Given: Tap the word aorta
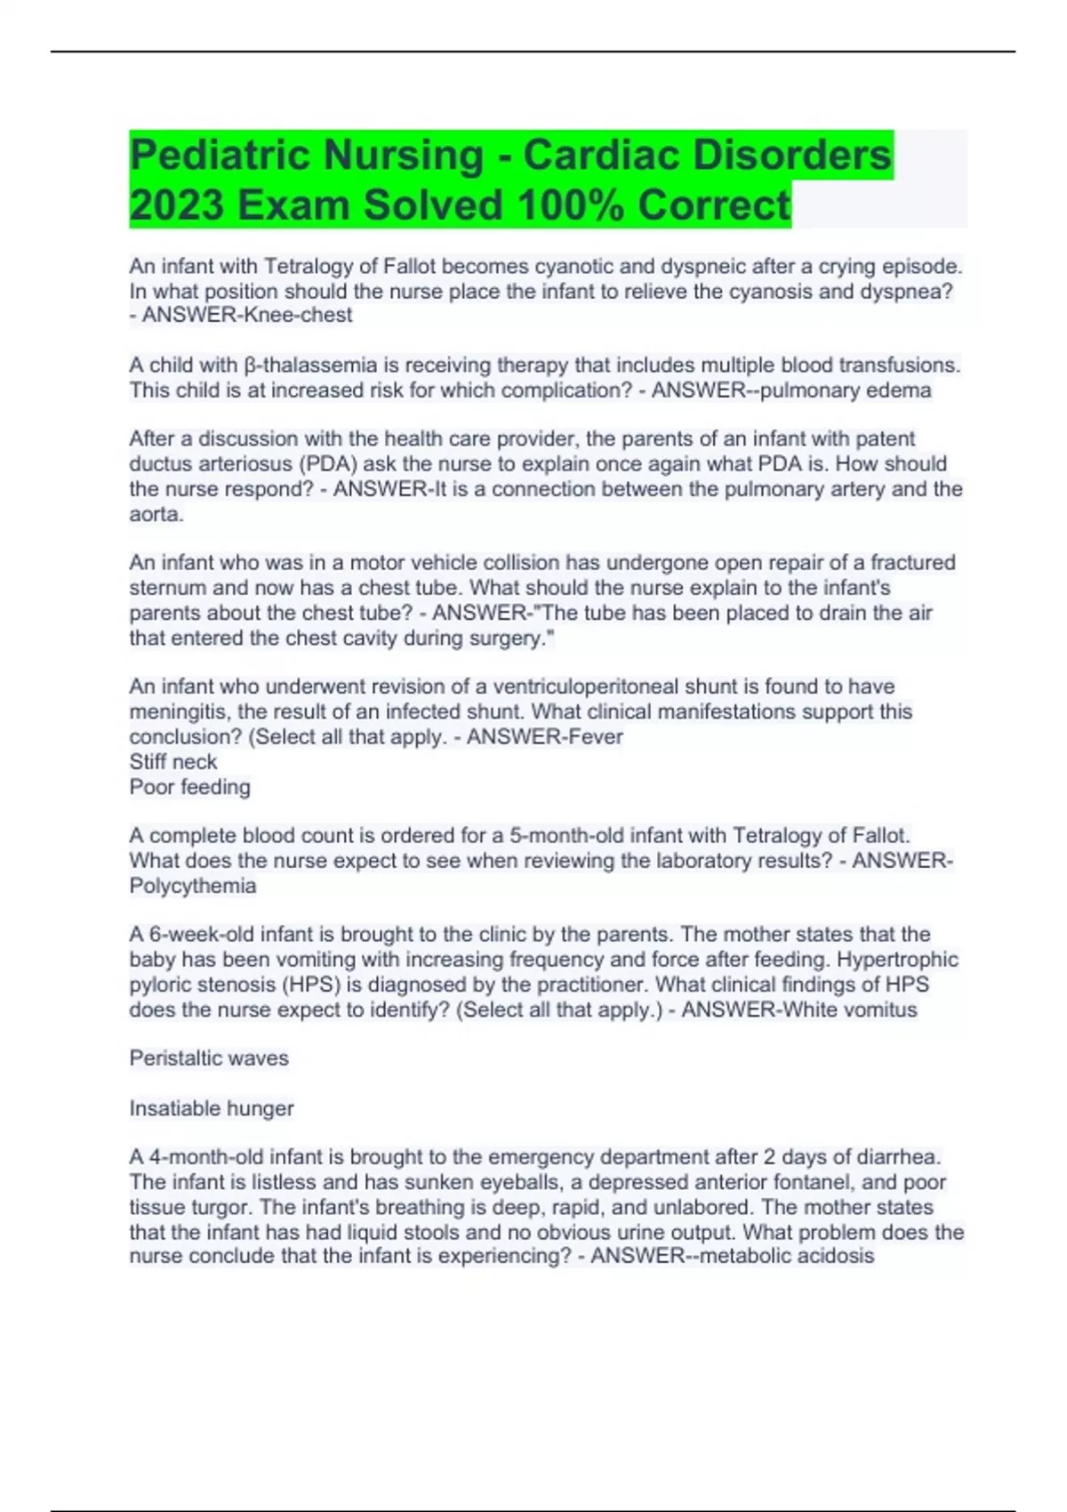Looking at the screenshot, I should tap(155, 514).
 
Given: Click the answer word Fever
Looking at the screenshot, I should tap(596, 736).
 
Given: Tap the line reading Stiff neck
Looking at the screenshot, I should tap(173, 762).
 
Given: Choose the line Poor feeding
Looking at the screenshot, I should tap(189, 787).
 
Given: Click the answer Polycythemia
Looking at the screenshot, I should tap(193, 886).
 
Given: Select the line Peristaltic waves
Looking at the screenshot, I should tap(209, 1058).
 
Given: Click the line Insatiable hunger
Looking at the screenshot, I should tap(212, 1108).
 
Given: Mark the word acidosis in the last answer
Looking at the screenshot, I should tap(836, 1256).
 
